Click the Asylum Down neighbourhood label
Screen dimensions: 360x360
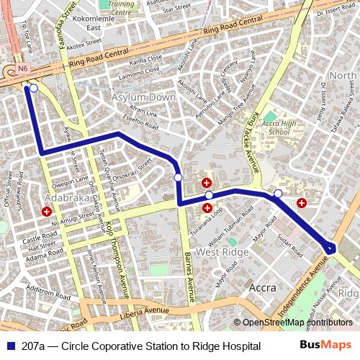(x=143, y=96)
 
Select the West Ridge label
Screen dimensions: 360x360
(x=222, y=253)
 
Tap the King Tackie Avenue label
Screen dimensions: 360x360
(x=254, y=141)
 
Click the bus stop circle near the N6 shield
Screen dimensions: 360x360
(x=33, y=89)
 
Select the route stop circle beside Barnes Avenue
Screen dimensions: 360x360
(x=178, y=177)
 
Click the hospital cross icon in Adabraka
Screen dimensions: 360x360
(x=47, y=212)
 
